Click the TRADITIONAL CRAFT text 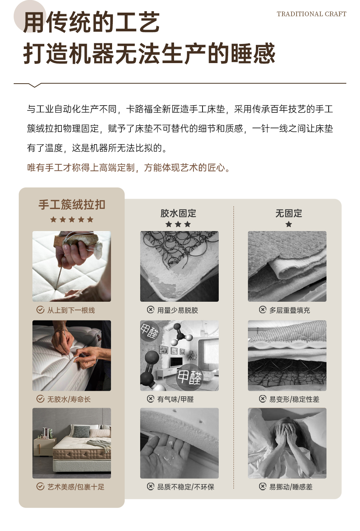tap(311, 14)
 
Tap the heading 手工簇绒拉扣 tap(72, 204)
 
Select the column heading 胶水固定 tap(178, 213)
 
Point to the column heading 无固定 tap(289, 213)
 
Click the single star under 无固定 tap(289, 224)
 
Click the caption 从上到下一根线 tap(71, 310)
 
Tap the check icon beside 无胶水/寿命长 tap(40, 399)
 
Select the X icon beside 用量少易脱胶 tap(151, 310)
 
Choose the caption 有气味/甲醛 tap(175, 399)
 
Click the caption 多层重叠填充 tap(289, 310)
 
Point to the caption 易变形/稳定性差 tap(294, 399)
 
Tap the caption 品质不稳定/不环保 tap(186, 487)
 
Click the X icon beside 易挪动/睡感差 tap(262, 486)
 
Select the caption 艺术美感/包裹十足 tap(76, 487)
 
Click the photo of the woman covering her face tap(287, 443)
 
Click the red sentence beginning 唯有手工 tap(128, 168)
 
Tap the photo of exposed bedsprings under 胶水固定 tap(179, 266)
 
